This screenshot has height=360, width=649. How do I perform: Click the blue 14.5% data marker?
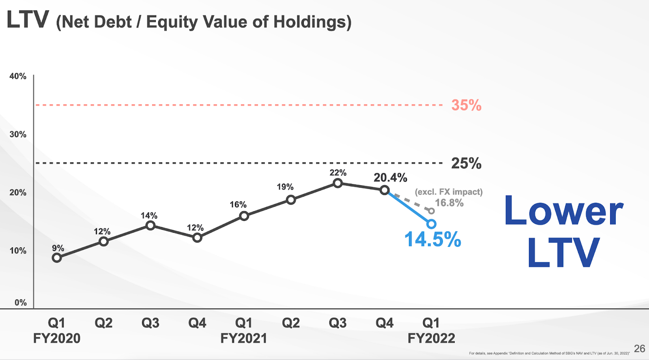point(431,224)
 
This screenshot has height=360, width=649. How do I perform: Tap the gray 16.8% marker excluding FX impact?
point(431,211)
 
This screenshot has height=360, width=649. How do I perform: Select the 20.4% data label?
point(390,178)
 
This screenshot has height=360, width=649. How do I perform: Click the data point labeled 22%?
point(337,183)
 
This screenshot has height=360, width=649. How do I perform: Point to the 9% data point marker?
point(57,258)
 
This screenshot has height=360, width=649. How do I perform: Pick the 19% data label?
point(285,187)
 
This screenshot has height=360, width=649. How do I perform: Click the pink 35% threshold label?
point(466,105)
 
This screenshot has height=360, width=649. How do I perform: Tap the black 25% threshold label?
point(466,163)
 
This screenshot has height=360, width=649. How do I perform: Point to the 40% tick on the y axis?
point(18,76)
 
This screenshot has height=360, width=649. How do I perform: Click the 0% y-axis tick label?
point(20,302)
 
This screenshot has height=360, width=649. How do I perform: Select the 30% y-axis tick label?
point(18,134)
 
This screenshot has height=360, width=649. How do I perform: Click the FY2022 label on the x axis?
point(431,338)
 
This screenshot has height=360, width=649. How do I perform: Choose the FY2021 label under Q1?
point(244,338)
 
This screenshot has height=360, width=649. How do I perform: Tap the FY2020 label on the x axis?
point(57,338)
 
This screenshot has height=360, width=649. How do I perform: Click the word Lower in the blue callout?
point(564,211)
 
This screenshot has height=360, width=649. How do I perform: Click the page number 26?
point(639,349)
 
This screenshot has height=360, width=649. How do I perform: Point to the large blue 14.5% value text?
point(433,239)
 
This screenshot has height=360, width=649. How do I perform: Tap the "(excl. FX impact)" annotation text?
point(449,192)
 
